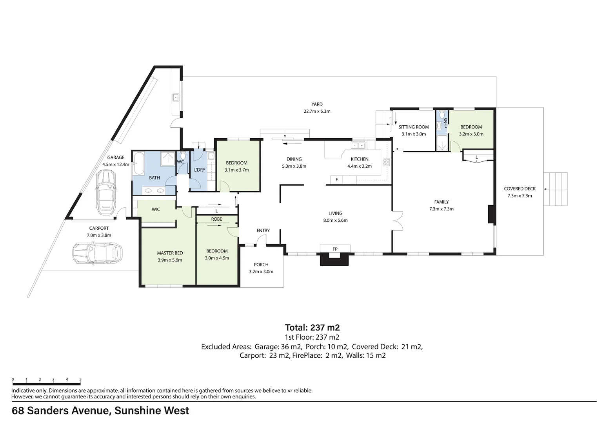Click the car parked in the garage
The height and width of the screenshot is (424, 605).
(x=105, y=192)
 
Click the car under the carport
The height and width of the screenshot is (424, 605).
(x=98, y=253)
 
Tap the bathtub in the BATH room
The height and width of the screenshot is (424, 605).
(x=139, y=164)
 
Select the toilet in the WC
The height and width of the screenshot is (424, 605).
(x=183, y=155)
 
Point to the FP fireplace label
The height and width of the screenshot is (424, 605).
(x=335, y=249)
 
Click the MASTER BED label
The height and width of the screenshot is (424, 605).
(x=170, y=253)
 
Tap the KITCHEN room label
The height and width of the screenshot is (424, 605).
(x=360, y=159)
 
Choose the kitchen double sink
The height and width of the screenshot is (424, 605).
(x=358, y=146)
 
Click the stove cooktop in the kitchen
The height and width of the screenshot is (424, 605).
(x=386, y=162)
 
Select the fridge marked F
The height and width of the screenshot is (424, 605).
(x=336, y=179)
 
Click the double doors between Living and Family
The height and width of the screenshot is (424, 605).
(x=398, y=221)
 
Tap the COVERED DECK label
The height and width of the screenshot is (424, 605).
(x=520, y=189)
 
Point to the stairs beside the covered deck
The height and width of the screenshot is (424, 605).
(x=556, y=189)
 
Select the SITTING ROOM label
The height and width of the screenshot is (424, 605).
(x=414, y=127)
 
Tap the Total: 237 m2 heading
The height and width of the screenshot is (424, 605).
(x=312, y=327)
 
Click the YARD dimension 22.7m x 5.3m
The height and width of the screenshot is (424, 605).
(x=317, y=111)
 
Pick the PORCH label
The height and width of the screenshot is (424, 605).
(x=261, y=265)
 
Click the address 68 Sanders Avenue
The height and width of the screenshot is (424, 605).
(x=61, y=411)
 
